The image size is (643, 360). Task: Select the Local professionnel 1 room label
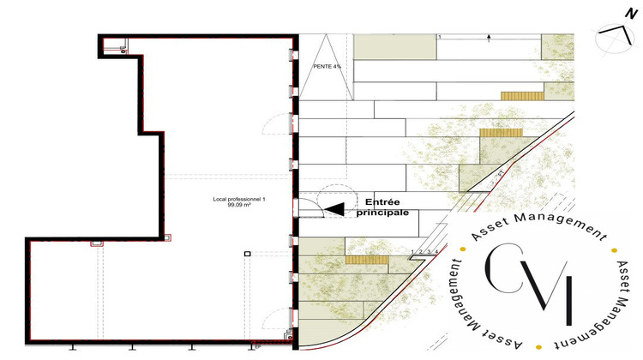click(x=239, y=199)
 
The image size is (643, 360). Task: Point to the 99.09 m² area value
click(x=239, y=206)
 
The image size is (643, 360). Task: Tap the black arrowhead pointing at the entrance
click(x=334, y=207)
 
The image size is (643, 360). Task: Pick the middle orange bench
click(x=496, y=133)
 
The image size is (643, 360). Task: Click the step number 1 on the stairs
click(x=412, y=251)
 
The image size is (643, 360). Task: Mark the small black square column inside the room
click(x=247, y=254)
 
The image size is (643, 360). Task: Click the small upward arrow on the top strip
click(x=488, y=37)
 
